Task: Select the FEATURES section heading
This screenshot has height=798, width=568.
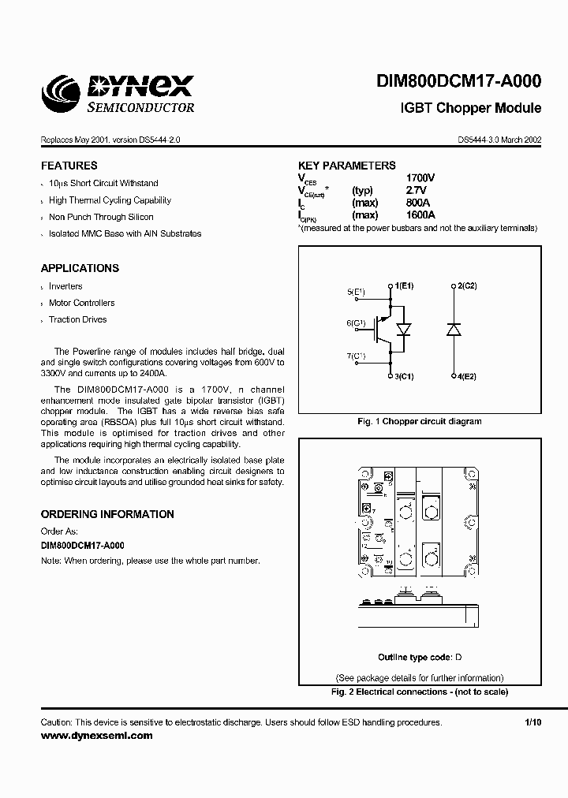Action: (x=69, y=166)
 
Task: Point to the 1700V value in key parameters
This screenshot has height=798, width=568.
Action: (x=420, y=178)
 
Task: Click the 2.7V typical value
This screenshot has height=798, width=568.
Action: (x=416, y=191)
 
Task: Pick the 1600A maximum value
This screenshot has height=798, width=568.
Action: (x=420, y=215)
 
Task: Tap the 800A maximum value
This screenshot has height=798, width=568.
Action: (x=418, y=203)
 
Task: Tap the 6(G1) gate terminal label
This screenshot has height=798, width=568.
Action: (x=356, y=323)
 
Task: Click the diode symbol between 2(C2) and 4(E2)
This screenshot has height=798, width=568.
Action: (x=454, y=330)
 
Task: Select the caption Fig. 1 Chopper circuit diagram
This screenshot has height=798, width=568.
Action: (x=419, y=422)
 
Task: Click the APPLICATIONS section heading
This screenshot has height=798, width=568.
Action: (x=80, y=268)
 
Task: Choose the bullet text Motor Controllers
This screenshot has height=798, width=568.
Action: (x=81, y=303)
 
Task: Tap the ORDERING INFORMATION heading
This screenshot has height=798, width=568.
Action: (x=107, y=514)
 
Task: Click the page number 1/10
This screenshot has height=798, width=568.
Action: (x=533, y=722)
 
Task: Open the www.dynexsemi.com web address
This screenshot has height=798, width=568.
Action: (x=96, y=736)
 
